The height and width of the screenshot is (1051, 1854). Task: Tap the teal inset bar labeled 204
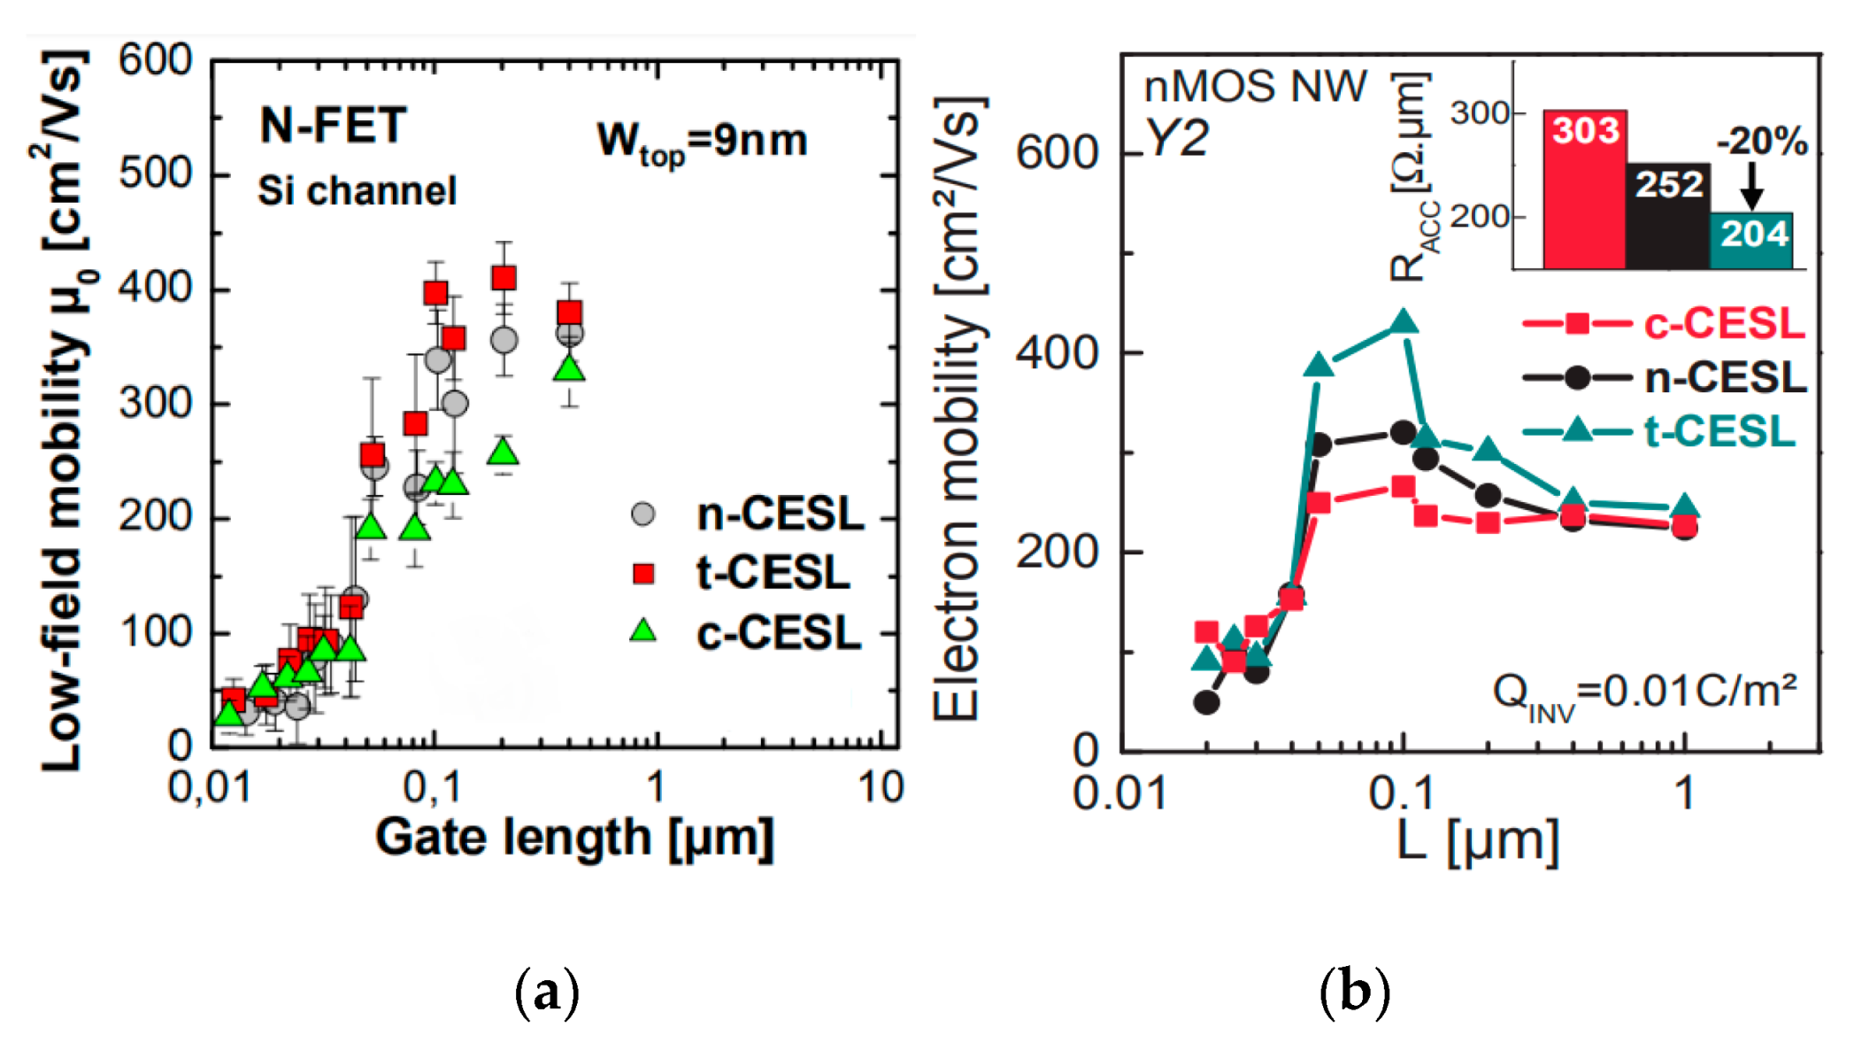tap(1752, 240)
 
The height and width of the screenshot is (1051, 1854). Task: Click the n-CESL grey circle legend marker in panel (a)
tap(643, 514)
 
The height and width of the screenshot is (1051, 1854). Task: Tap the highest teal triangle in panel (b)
tap(1404, 321)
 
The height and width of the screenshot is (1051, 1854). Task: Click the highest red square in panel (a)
tap(504, 278)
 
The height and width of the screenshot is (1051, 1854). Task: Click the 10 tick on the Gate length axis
tap(881, 787)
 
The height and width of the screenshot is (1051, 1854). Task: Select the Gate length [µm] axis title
tap(574, 837)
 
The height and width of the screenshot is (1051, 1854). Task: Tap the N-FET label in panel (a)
tap(333, 125)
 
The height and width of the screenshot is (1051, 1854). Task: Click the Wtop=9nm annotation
tap(702, 142)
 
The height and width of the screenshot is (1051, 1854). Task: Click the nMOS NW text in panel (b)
tap(1255, 87)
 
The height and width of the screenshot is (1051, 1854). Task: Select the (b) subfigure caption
tap(1354, 992)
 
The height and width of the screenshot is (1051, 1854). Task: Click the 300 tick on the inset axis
tap(1478, 113)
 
